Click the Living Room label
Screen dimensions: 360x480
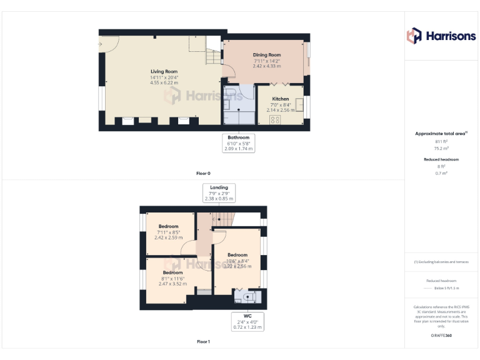[164, 72]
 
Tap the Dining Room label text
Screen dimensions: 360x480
[267, 55]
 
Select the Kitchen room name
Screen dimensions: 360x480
[280, 99]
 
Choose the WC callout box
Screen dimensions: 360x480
[247, 321]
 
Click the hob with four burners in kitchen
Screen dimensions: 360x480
[274, 119]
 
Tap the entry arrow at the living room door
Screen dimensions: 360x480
[100, 44]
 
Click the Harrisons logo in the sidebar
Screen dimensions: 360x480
[441, 36]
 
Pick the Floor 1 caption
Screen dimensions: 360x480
[204, 342]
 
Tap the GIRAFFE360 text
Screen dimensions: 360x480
[441, 336]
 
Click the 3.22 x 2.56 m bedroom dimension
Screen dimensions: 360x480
[237, 266]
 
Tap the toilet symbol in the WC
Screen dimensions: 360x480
[249, 297]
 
